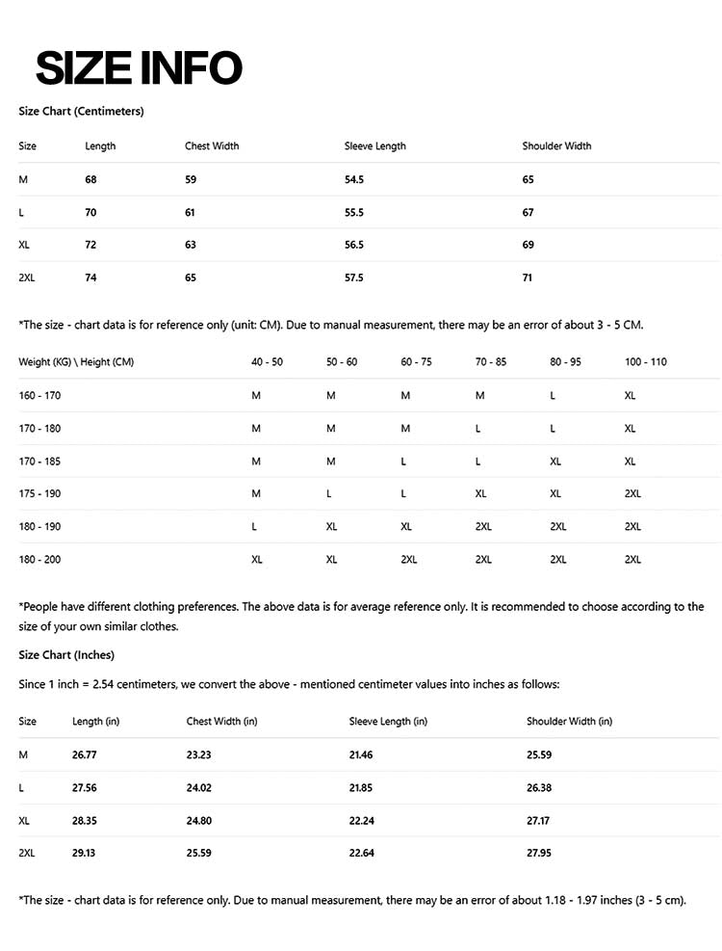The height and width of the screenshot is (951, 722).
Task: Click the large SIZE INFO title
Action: tap(139, 68)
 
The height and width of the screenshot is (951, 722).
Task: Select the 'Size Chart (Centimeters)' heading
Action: tap(81, 112)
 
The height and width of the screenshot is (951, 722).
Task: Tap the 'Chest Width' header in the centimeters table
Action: tap(212, 146)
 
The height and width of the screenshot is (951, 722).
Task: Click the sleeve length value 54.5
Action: tap(354, 180)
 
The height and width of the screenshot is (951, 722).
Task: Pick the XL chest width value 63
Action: tap(191, 245)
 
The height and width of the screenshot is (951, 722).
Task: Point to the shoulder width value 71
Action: tap(528, 277)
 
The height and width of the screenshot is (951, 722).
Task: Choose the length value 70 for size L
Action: tap(90, 212)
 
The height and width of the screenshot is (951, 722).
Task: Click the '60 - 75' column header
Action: tap(416, 362)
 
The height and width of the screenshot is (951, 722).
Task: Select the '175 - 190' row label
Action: tap(39, 493)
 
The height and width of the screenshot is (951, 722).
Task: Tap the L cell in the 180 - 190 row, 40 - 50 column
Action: tap(254, 527)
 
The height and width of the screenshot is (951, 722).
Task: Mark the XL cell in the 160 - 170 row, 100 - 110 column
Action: tap(631, 396)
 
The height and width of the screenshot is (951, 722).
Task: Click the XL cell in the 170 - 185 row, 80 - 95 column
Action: tap(555, 462)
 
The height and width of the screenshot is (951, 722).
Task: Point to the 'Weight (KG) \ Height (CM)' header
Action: tap(76, 362)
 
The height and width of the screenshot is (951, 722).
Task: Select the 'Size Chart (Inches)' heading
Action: tap(66, 655)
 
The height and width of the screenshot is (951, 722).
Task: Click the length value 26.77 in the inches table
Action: tap(85, 755)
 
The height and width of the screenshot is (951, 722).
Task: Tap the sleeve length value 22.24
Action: tap(361, 821)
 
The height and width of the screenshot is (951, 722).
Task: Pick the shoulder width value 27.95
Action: tap(539, 854)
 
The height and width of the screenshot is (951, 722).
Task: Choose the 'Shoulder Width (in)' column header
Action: tap(569, 722)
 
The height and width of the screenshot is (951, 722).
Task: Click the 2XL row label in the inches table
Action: tap(27, 854)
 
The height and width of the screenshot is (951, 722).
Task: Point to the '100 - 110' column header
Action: tap(646, 362)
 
